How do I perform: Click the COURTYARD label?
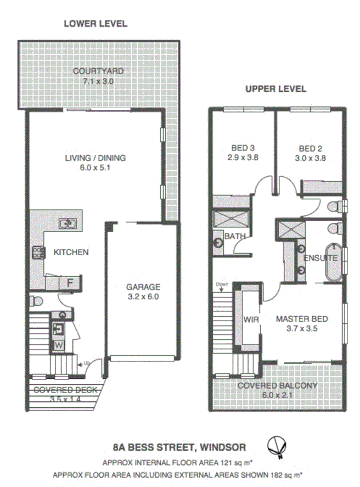coord(98,71)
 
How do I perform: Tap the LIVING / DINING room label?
coord(95,158)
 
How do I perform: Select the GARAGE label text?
coord(143,287)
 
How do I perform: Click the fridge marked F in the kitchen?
coord(70,283)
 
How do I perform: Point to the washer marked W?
coord(59,346)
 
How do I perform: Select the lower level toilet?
coord(36,301)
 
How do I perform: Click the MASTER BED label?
coord(302,318)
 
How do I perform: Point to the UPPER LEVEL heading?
coord(275,89)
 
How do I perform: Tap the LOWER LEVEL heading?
coord(95,24)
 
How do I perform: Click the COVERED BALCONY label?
coord(277,385)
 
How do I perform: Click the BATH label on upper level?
coord(235,236)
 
